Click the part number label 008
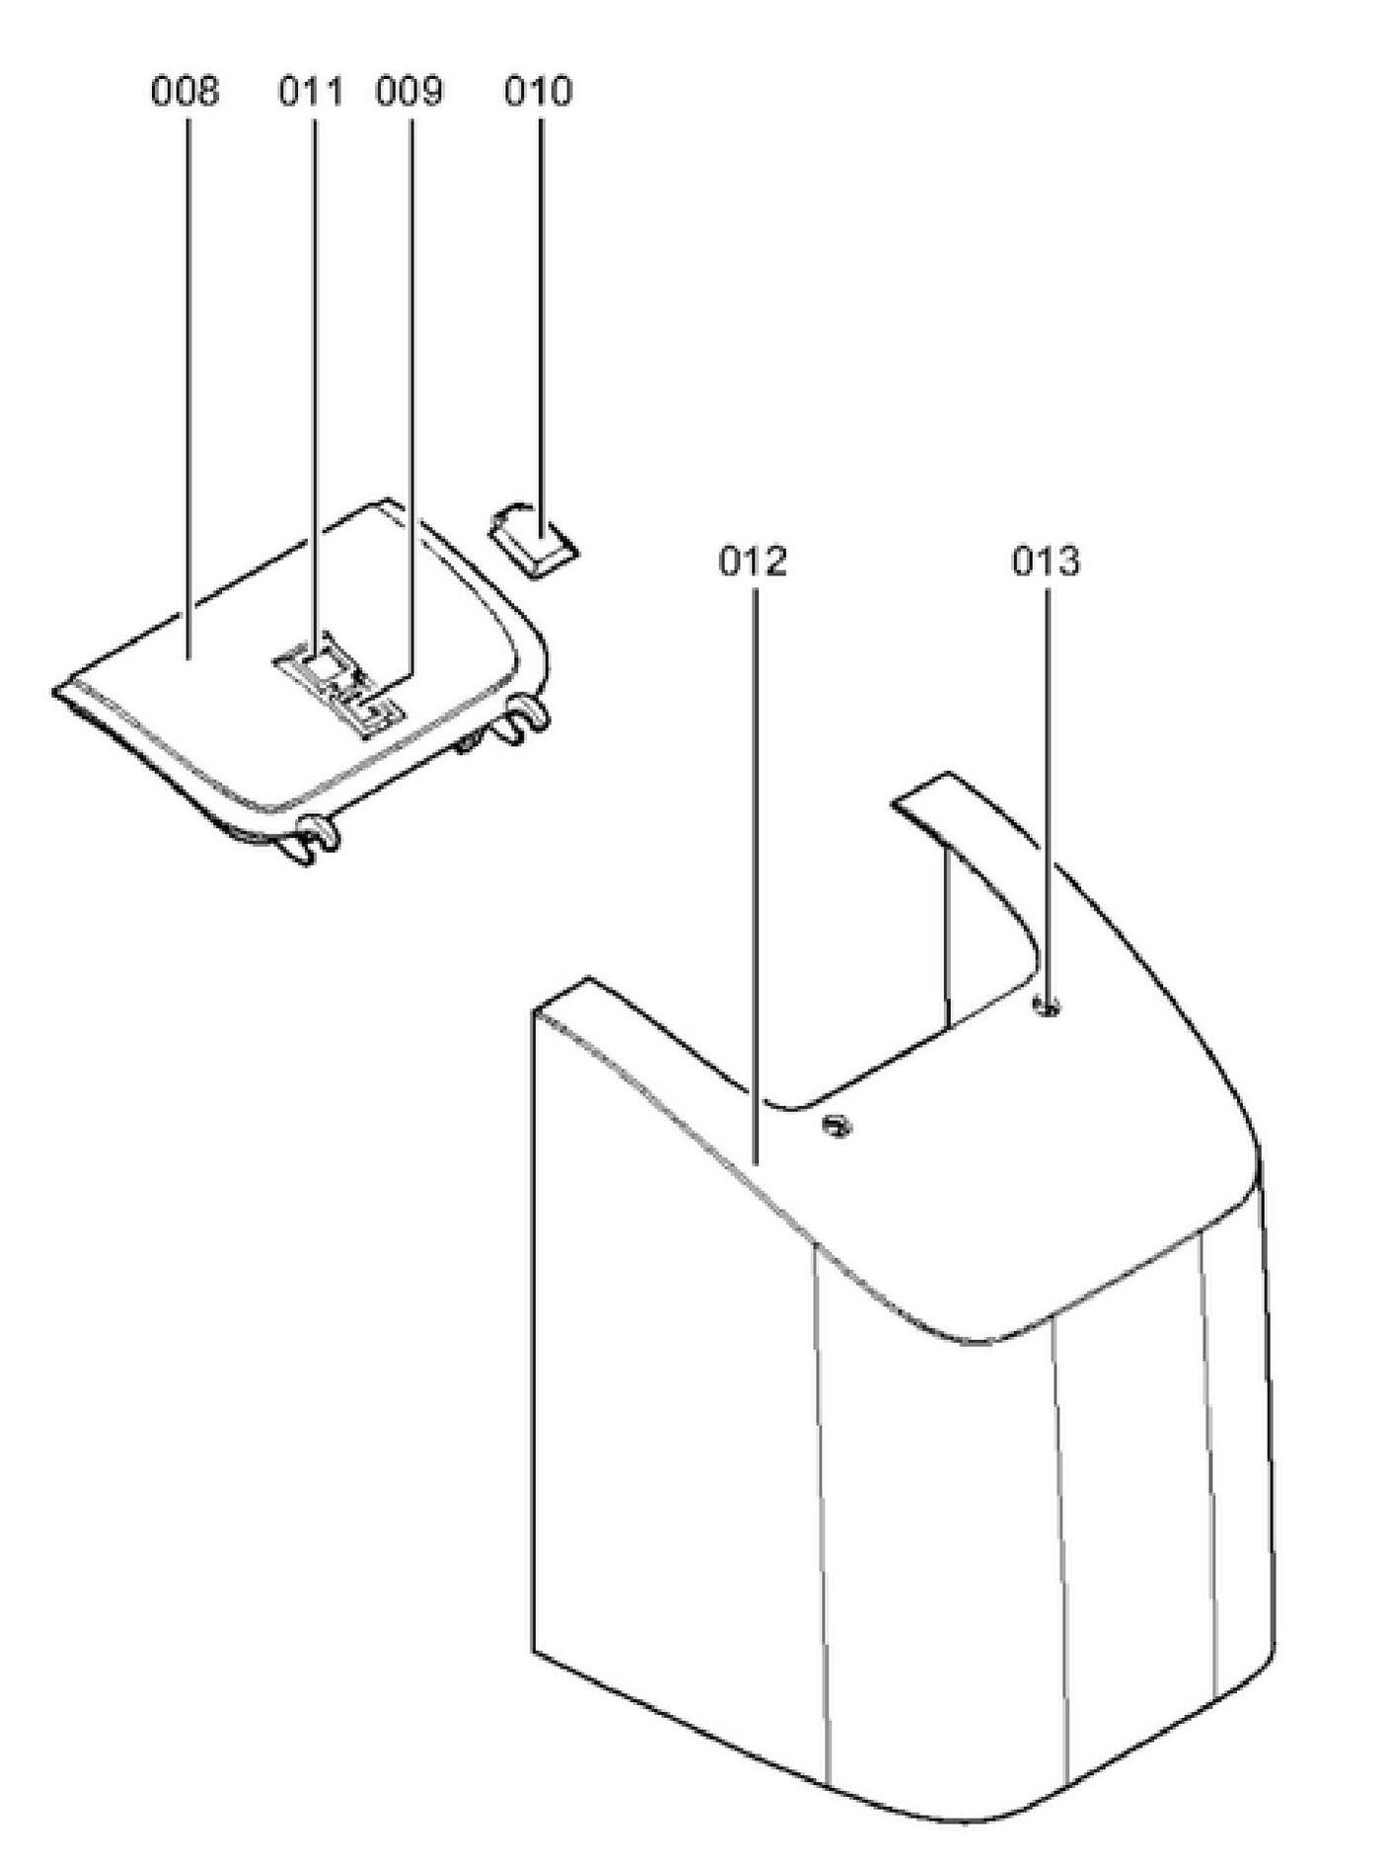(184, 92)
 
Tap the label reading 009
(409, 92)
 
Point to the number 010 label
(538, 92)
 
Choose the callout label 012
(753, 561)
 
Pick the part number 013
(1046, 561)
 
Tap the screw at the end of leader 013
(1047, 1007)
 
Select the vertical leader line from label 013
(1047, 789)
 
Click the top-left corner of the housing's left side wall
(535, 1011)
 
